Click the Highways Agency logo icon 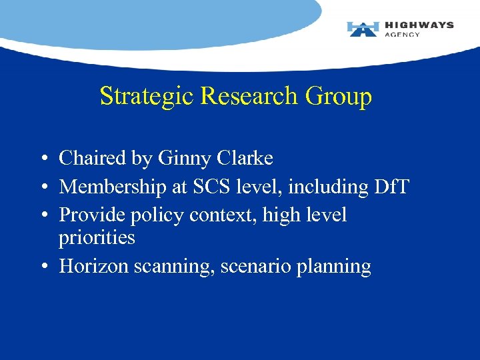click(x=363, y=29)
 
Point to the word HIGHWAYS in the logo click(x=419, y=25)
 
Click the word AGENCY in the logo click(x=403, y=35)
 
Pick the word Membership click(x=113, y=187)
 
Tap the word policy click(x=161, y=216)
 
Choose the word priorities click(x=97, y=238)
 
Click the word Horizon click(x=94, y=267)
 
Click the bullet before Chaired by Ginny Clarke click(x=42, y=159)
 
